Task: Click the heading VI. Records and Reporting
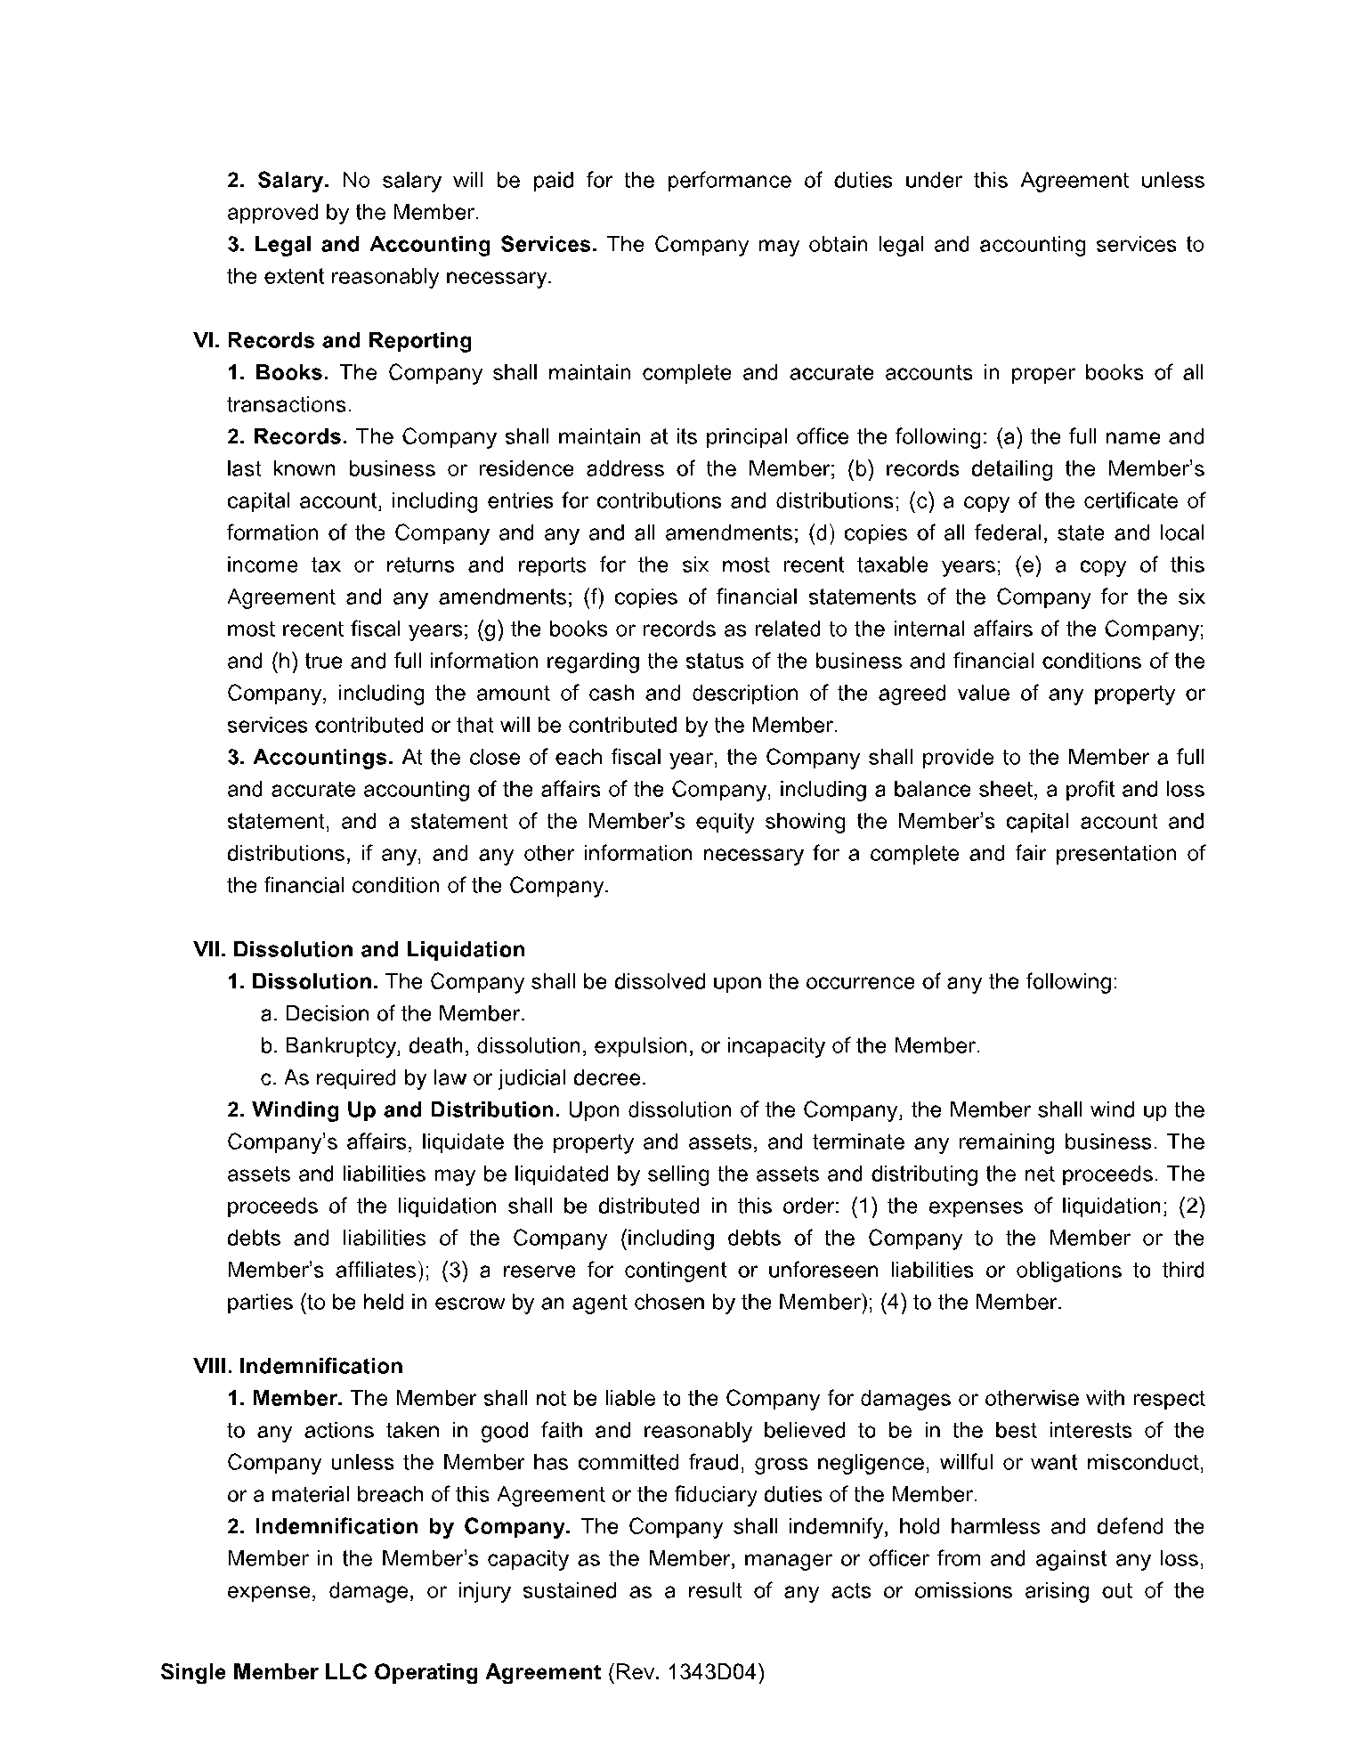[x=332, y=341]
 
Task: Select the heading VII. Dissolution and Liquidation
[x=359, y=950]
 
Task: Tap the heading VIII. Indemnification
[x=298, y=1367]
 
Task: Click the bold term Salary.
[x=293, y=181]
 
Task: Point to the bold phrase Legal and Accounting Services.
[x=426, y=245]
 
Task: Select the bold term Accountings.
[x=323, y=758]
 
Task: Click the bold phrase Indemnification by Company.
[x=412, y=1527]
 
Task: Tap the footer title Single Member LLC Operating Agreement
[x=381, y=1672]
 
